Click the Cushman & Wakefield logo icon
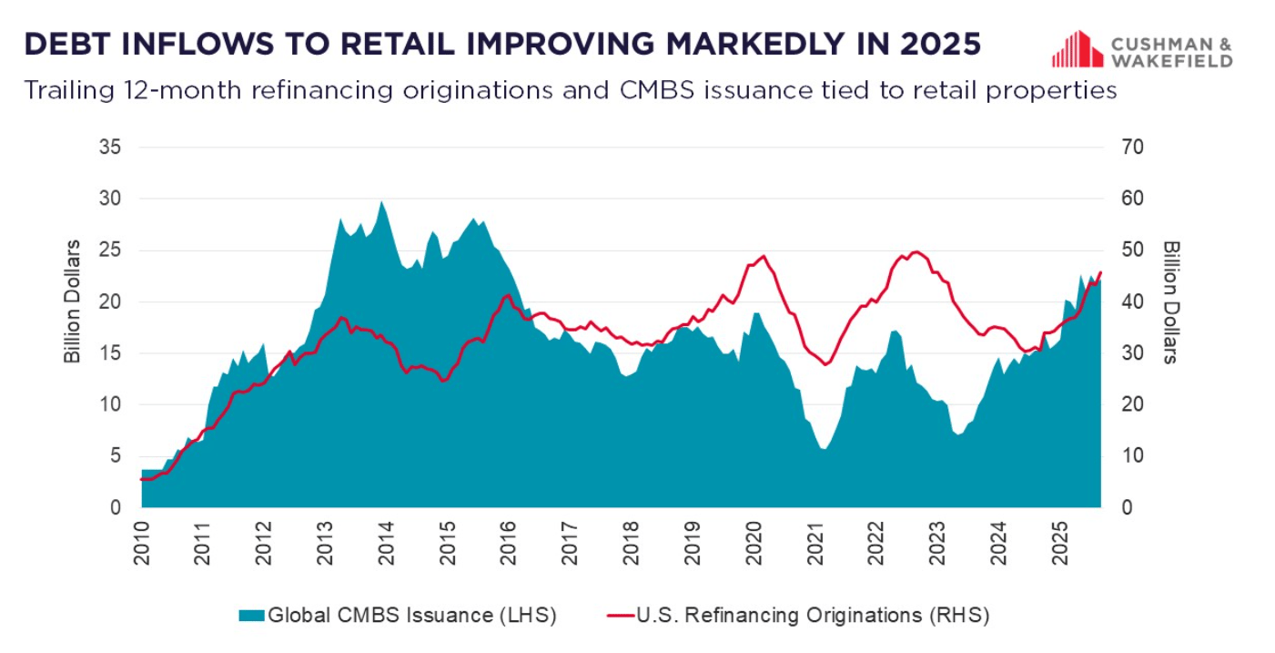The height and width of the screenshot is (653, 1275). [x=1078, y=49]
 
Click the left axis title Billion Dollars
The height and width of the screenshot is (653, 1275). [x=72, y=301]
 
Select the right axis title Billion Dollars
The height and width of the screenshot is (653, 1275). [x=1171, y=301]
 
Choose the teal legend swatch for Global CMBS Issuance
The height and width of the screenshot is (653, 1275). [x=251, y=616]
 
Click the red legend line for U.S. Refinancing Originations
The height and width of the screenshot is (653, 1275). [x=620, y=616]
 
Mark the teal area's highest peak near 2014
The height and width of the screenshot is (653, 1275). [x=381, y=201]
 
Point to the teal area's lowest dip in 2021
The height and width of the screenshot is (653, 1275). [x=824, y=449]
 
